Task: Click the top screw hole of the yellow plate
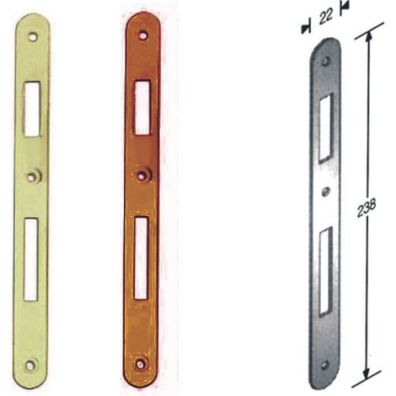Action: (x=33, y=37)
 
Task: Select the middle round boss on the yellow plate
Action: (x=35, y=176)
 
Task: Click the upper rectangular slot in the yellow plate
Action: (x=32, y=110)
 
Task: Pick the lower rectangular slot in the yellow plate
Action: (x=30, y=260)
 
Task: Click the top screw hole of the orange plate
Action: (x=143, y=35)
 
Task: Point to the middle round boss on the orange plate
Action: (x=144, y=175)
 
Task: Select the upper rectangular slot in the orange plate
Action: (x=142, y=107)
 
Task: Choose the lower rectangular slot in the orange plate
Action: (x=141, y=258)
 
